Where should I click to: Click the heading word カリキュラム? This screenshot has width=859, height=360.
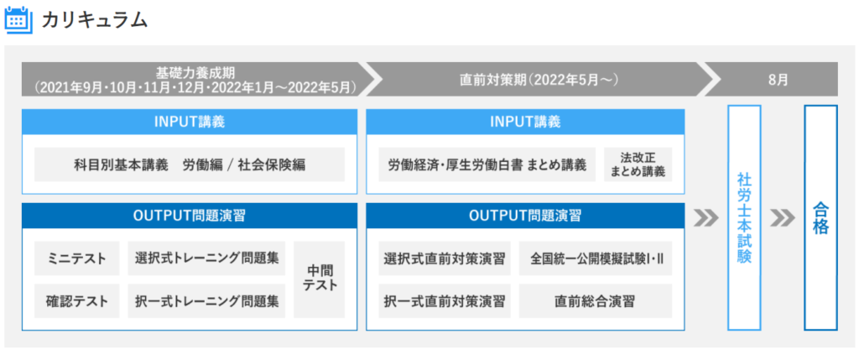point(95,20)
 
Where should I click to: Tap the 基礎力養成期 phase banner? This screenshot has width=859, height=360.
point(195,79)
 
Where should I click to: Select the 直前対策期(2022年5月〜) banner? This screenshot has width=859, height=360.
point(539,79)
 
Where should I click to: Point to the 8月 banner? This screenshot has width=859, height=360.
point(777,79)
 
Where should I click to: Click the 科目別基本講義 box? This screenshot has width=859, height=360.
point(190,164)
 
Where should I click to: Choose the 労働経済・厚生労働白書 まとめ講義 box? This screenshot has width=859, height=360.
point(487,164)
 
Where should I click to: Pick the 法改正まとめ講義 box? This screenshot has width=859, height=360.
point(638,164)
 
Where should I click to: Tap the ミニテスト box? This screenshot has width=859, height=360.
point(76,258)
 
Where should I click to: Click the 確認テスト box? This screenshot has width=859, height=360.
point(76,300)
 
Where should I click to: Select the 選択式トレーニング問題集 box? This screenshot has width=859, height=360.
point(206,258)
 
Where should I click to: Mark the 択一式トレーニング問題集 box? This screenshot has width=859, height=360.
point(206,300)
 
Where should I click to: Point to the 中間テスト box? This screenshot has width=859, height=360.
point(320,279)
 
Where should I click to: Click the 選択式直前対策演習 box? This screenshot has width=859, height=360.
point(445,258)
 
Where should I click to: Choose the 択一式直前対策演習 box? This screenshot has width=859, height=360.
point(445,300)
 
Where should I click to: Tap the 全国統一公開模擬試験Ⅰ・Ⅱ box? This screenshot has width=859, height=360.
point(596,258)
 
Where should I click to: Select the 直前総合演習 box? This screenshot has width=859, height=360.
point(596,300)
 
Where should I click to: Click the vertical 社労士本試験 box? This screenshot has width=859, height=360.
point(744,218)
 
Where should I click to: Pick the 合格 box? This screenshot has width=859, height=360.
point(820,218)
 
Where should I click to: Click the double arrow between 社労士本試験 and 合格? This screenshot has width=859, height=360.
point(783,218)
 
